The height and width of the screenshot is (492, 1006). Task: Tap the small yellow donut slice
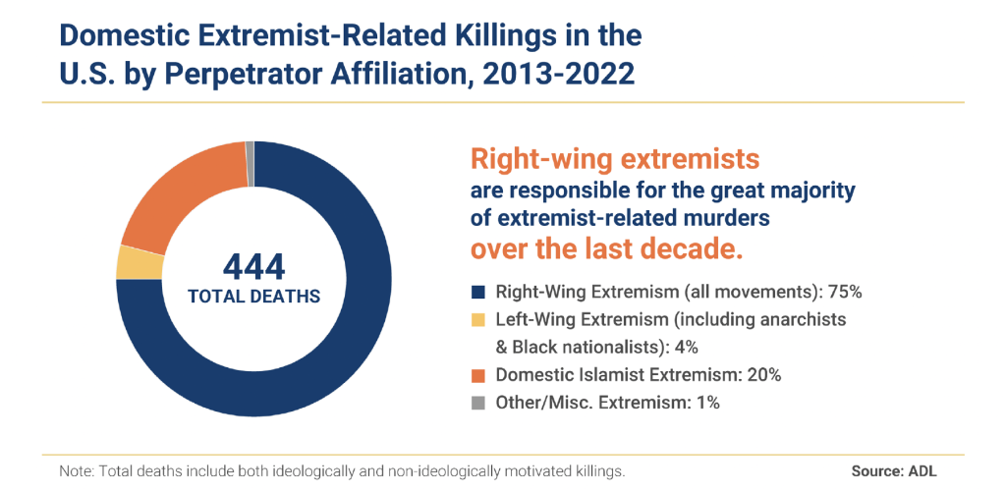click(x=126, y=262)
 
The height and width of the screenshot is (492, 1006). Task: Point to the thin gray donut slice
click(x=251, y=149)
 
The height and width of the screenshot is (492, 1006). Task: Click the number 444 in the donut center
click(x=253, y=266)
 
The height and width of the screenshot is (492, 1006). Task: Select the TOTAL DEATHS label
click(x=253, y=295)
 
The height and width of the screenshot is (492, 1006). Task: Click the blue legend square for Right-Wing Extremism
click(x=478, y=292)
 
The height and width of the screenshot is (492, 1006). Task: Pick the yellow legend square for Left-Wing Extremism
click(x=478, y=320)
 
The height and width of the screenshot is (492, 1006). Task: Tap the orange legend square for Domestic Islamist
click(x=478, y=375)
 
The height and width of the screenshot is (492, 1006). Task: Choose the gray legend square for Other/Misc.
click(x=478, y=403)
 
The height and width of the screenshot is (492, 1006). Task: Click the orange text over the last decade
click(x=607, y=247)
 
